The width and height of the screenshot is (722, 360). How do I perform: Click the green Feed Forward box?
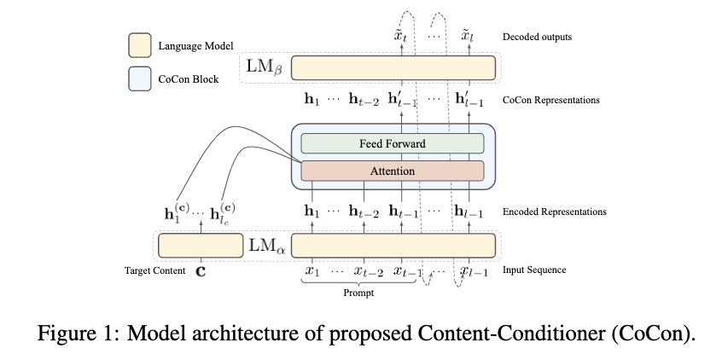pos(392,144)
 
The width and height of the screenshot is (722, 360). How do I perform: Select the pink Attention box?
pos(392,171)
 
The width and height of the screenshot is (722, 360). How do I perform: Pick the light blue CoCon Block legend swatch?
pos(139,78)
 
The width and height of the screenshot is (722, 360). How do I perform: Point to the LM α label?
pos(266,245)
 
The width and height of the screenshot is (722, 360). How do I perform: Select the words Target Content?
pos(154,271)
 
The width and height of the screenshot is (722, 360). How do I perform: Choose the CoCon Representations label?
pos(551,100)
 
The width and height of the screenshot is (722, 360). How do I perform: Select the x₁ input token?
pos(312,271)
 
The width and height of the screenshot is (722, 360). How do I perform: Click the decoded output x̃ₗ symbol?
pos(467,37)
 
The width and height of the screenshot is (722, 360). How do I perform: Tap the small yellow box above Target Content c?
pos(201,244)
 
